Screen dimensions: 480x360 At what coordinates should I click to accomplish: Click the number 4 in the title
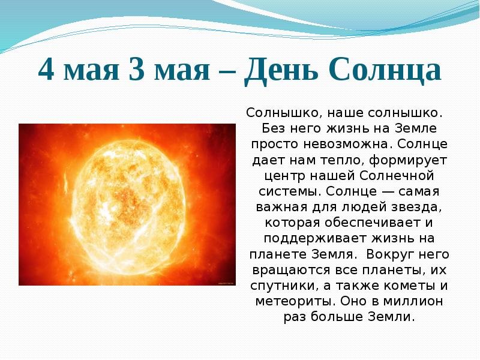pos(47,69)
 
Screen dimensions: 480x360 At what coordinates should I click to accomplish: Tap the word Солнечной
pos(397,176)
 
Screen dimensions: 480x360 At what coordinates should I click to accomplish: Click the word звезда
pos(417,208)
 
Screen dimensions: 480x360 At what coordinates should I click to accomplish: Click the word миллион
pos(413,302)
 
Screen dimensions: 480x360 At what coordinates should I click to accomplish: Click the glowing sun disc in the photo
pos(128,206)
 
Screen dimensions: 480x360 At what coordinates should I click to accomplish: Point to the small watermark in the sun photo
pos(227,283)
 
